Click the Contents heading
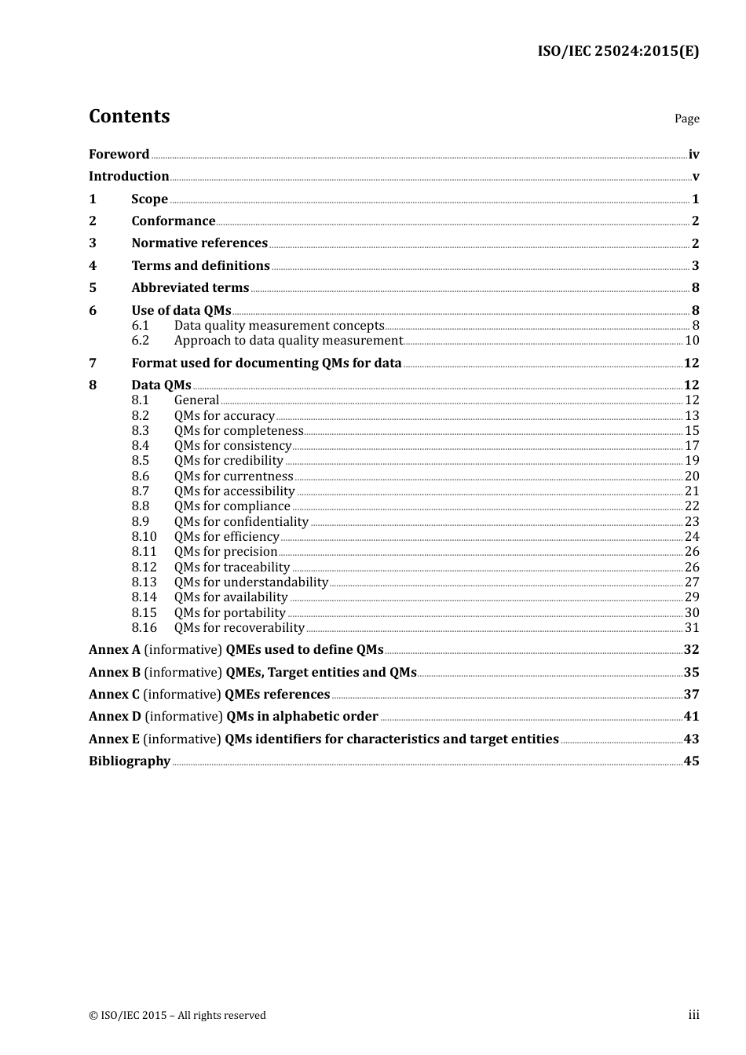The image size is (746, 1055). point(129,116)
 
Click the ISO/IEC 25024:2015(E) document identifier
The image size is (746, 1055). point(617,51)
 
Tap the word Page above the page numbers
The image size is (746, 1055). point(686,119)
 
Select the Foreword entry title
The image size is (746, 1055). point(119,155)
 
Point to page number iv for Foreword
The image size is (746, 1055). point(693,155)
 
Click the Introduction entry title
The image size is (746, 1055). point(129,177)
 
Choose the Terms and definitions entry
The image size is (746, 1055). point(200,266)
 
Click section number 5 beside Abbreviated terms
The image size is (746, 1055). point(93,288)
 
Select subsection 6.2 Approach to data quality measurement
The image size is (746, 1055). point(288,341)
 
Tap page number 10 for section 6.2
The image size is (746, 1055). point(692,341)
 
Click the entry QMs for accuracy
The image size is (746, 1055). point(225,416)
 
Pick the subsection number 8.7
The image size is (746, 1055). point(141,491)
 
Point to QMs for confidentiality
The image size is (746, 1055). point(241,522)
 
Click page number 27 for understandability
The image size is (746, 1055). point(692,582)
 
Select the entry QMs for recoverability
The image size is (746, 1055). point(239,628)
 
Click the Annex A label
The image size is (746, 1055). point(115,650)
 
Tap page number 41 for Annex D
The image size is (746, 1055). point(691,717)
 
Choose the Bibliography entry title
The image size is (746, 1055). point(130,761)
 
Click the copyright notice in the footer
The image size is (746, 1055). point(177,1016)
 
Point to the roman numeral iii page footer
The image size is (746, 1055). point(693,1015)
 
